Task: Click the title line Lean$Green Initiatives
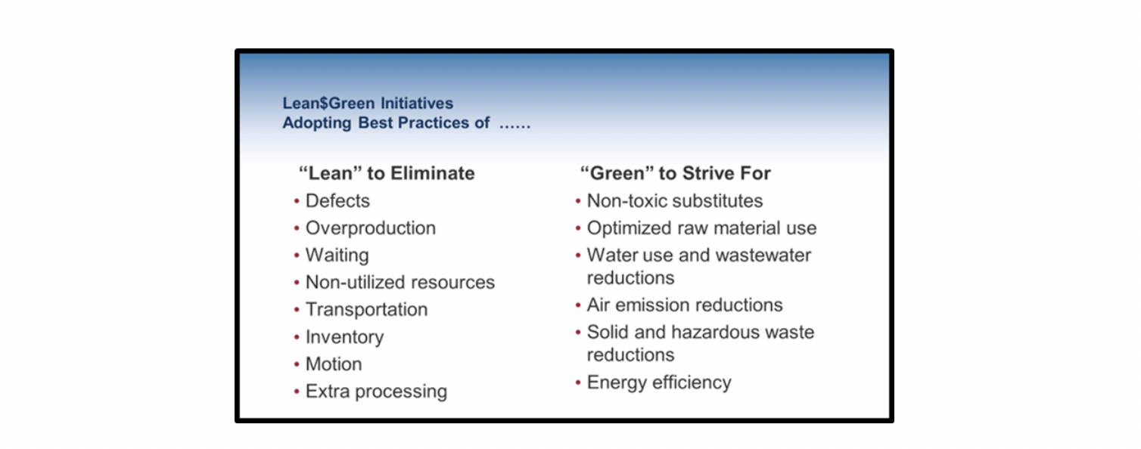(368, 104)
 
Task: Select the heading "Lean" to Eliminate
(387, 173)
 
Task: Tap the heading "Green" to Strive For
(676, 173)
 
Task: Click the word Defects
(337, 200)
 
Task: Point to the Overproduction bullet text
(370, 228)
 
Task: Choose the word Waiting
(337, 255)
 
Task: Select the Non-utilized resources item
(400, 282)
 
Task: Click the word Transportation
(366, 309)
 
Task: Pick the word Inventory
(344, 337)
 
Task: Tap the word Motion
(334, 364)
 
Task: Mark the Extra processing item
(376, 392)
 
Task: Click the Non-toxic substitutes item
(675, 200)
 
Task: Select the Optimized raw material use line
(701, 228)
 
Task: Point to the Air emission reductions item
(685, 305)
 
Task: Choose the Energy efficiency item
(659, 382)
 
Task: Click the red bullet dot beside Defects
(297, 202)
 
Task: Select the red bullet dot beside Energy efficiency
(578, 382)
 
